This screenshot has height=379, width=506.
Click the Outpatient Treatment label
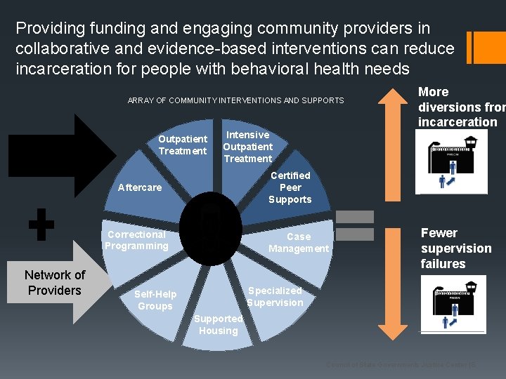[x=183, y=145]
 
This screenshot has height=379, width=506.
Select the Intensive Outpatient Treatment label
[x=247, y=147]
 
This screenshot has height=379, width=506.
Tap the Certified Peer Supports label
[x=290, y=187]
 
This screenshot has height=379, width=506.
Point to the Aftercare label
[x=140, y=187]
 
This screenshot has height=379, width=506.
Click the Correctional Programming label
[x=136, y=240]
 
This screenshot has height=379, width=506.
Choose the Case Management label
[x=299, y=243]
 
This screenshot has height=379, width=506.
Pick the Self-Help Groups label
[x=155, y=300]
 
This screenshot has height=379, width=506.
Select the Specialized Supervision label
[x=275, y=296]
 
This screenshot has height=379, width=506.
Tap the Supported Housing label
[x=219, y=324]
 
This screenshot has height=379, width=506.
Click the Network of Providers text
[x=55, y=283]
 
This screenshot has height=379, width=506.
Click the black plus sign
[x=41, y=225]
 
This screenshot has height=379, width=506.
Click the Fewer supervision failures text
[x=456, y=248]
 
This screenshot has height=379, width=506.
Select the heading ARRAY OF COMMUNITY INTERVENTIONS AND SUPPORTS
[x=235, y=101]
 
